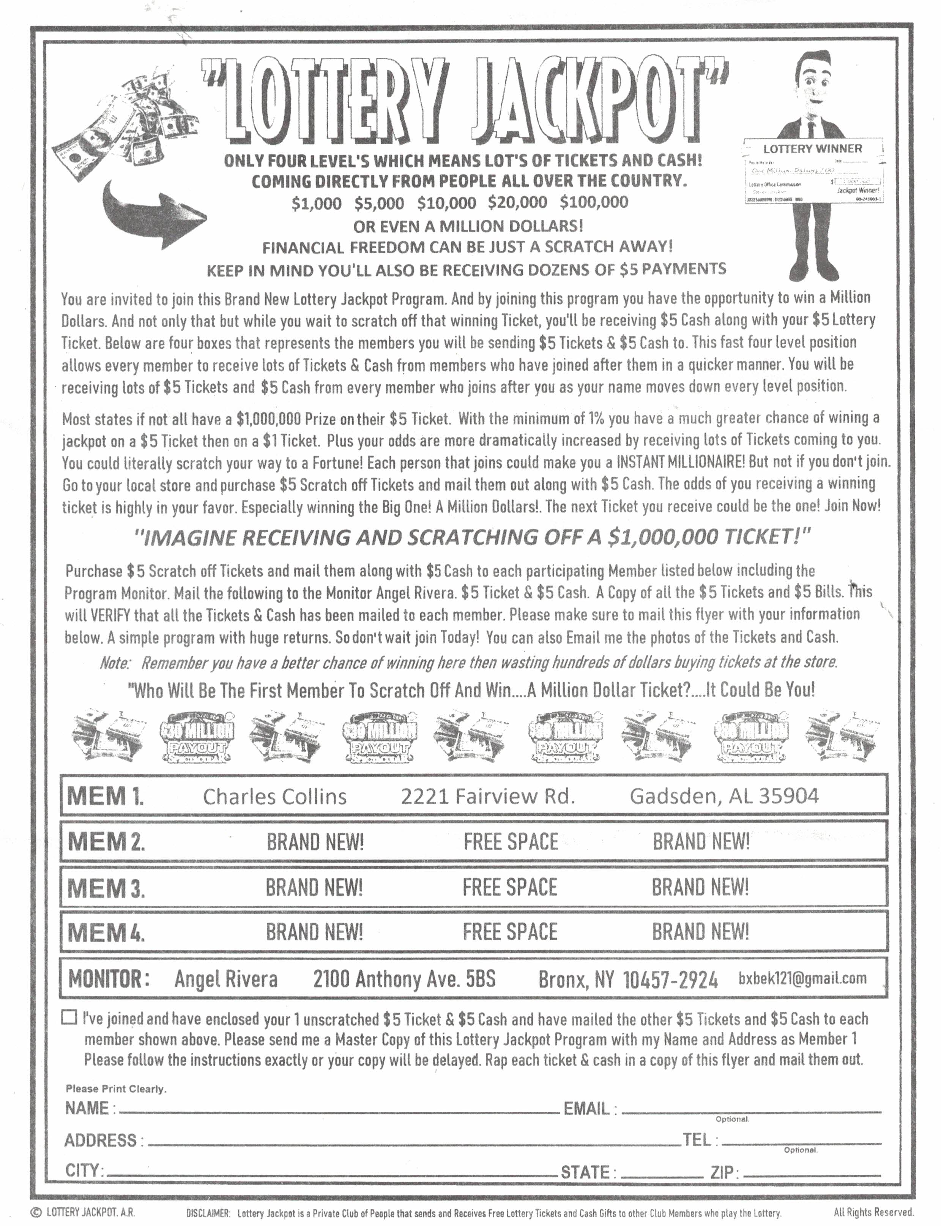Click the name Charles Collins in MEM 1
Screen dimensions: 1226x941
(x=274, y=796)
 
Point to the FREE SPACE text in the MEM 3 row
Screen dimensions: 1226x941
(x=510, y=887)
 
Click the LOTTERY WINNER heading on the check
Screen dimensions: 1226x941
(x=813, y=148)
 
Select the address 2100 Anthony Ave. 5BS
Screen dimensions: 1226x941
(x=404, y=979)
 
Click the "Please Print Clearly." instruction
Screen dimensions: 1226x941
(x=116, y=1089)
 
